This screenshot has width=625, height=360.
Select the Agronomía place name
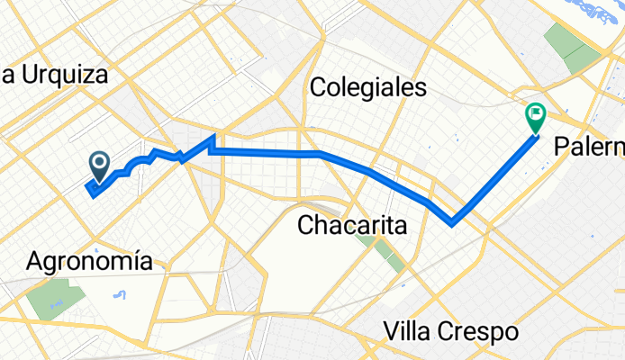pos(96,262)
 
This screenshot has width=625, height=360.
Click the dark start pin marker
pos(98,164)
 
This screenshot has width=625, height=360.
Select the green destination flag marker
pos(535,116)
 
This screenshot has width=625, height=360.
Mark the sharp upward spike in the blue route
pos(213,137)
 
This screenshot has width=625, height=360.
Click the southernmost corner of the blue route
pos(452,221)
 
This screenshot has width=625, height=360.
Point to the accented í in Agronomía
pos(141,261)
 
